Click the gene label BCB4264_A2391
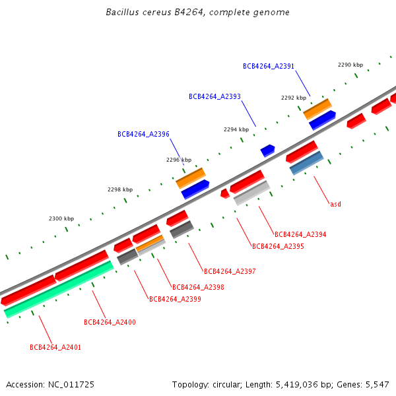click(268, 66)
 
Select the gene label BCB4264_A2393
click(214, 96)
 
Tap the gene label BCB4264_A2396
click(143, 134)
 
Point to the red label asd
click(335, 204)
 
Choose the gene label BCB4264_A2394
click(300, 234)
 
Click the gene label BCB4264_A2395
click(278, 246)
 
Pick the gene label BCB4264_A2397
click(230, 271)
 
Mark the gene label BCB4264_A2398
click(198, 287)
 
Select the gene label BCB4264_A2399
click(175, 299)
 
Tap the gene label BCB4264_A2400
click(110, 322)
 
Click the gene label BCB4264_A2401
click(55, 347)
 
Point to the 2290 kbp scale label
click(350, 65)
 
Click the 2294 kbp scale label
click(236, 129)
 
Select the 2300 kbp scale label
click(61, 218)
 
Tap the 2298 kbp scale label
click(120, 189)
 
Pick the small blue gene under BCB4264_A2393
click(267, 150)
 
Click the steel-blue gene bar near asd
click(306, 162)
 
